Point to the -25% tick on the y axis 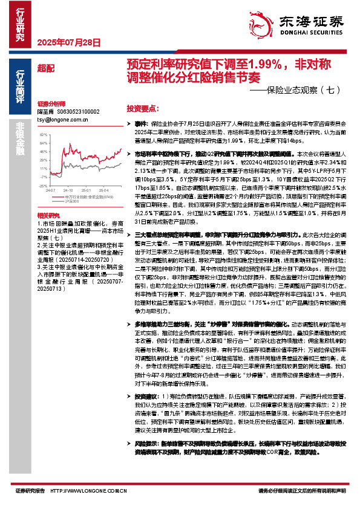pos(43,178)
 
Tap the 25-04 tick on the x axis pos(103,181)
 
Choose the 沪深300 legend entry pos(73,192)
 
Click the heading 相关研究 pos(48,199)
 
